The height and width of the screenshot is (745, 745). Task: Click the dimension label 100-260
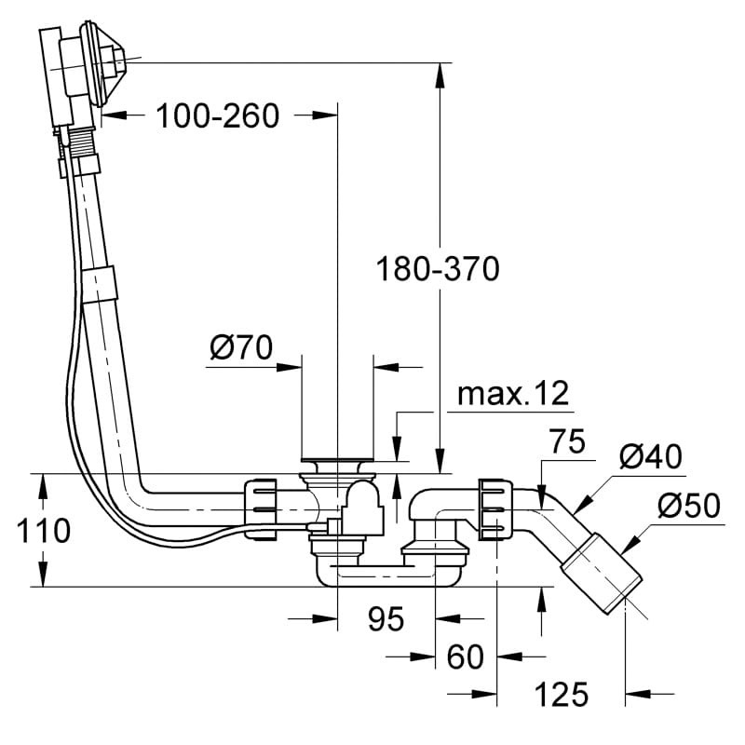(x=217, y=115)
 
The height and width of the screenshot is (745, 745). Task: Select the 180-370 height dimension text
(x=438, y=268)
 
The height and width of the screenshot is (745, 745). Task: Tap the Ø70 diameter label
(x=241, y=347)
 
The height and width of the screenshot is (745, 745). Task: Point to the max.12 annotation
(x=513, y=394)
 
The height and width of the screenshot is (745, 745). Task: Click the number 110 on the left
(x=43, y=530)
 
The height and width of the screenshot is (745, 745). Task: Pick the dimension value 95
(x=386, y=619)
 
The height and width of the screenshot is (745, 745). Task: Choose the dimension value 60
(x=465, y=657)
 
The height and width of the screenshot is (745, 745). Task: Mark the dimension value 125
(x=562, y=694)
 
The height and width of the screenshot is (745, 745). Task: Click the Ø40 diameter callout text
(x=650, y=457)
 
